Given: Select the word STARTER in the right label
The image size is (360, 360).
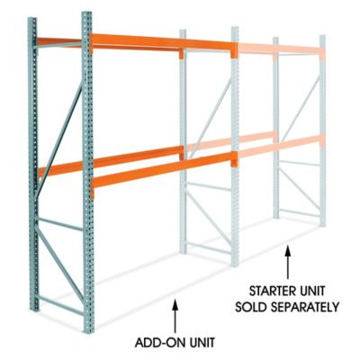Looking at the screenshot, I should pyautogui.click(x=270, y=292).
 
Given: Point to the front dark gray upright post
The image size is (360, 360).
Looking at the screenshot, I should pyautogui.click(x=88, y=180).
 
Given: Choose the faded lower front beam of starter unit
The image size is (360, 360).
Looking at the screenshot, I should pyautogui.click(x=279, y=151).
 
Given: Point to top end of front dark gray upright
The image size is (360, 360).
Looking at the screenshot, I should pyautogui.click(x=87, y=16).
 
